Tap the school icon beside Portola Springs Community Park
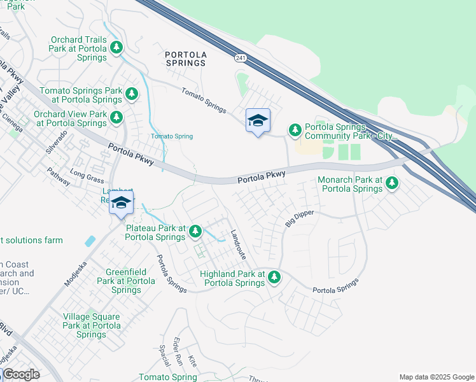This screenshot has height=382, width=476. [x=258, y=120]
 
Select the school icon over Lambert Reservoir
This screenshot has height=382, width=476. [x=120, y=203]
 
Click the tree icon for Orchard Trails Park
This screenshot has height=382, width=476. [x=116, y=48]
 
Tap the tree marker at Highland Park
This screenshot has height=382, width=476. [x=274, y=277]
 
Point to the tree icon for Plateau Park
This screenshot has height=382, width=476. [x=195, y=231]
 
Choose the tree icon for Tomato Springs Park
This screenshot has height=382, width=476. [x=131, y=95]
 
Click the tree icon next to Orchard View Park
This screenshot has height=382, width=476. [x=116, y=117]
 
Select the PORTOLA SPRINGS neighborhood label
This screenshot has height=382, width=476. [x=186, y=59]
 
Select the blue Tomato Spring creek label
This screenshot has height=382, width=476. [x=171, y=136]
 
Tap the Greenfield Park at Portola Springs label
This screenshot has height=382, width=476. [x=125, y=281]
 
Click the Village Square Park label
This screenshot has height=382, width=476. [x=91, y=325]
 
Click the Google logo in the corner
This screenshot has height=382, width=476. [x=22, y=374]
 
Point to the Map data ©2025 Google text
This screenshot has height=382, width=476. [x=437, y=377]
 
